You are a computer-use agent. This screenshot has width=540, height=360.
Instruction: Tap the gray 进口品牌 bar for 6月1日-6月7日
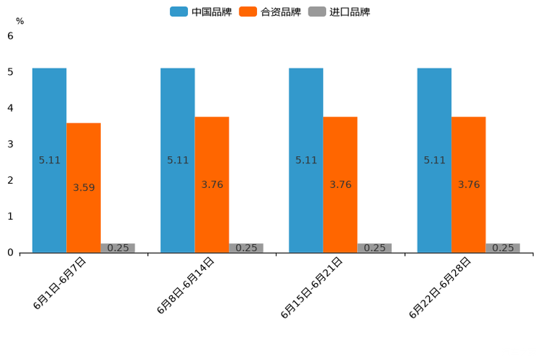pyautogui.click(x=118, y=247)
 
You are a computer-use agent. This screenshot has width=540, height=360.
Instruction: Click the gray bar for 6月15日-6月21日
pyautogui.click(x=375, y=247)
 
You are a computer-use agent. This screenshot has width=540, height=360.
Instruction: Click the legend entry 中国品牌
pyautogui.click(x=200, y=12)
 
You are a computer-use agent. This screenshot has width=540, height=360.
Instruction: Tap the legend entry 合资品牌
pyautogui.click(x=270, y=12)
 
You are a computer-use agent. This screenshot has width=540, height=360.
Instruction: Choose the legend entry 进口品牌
pyautogui.click(x=340, y=12)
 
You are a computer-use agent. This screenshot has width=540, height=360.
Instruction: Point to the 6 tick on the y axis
pyautogui.click(x=10, y=36)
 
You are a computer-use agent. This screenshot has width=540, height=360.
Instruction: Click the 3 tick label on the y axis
pyautogui.click(x=10, y=144)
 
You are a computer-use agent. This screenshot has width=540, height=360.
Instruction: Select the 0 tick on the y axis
pyautogui.click(x=10, y=253)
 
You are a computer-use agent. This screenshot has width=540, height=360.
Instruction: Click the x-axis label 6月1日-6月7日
pyautogui.click(x=60, y=283)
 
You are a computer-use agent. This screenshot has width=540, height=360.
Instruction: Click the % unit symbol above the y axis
pyautogui.click(x=20, y=21)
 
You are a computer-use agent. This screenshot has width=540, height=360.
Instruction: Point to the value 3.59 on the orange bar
pyautogui.click(x=83, y=187)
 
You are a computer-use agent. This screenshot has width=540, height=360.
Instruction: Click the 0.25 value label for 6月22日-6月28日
pyautogui.click(x=503, y=247)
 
